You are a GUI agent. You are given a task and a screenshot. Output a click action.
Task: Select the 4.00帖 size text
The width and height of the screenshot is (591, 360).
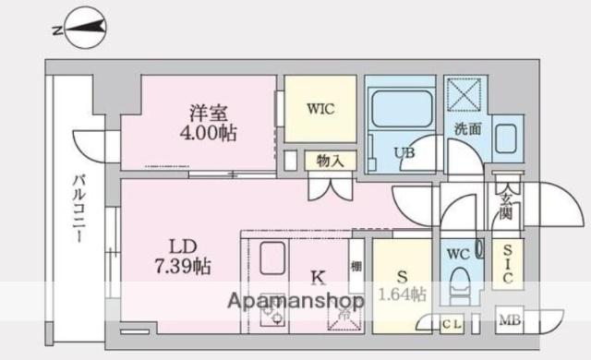click(208, 133)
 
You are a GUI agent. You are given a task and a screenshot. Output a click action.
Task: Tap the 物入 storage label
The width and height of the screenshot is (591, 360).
click(329, 161)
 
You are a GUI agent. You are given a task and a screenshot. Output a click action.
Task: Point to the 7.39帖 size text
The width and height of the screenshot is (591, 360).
click(184, 268)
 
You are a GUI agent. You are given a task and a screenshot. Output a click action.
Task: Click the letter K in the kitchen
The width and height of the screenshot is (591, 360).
click(316, 275)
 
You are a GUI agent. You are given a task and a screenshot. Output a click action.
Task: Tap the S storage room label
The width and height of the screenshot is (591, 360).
click(402, 274)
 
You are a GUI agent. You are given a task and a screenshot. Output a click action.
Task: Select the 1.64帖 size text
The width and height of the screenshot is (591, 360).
click(401, 295)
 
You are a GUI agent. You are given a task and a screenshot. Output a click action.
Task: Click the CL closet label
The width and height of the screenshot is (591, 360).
click(452, 323)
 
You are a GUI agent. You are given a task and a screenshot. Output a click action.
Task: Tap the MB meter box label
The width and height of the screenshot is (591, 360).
click(509, 321)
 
